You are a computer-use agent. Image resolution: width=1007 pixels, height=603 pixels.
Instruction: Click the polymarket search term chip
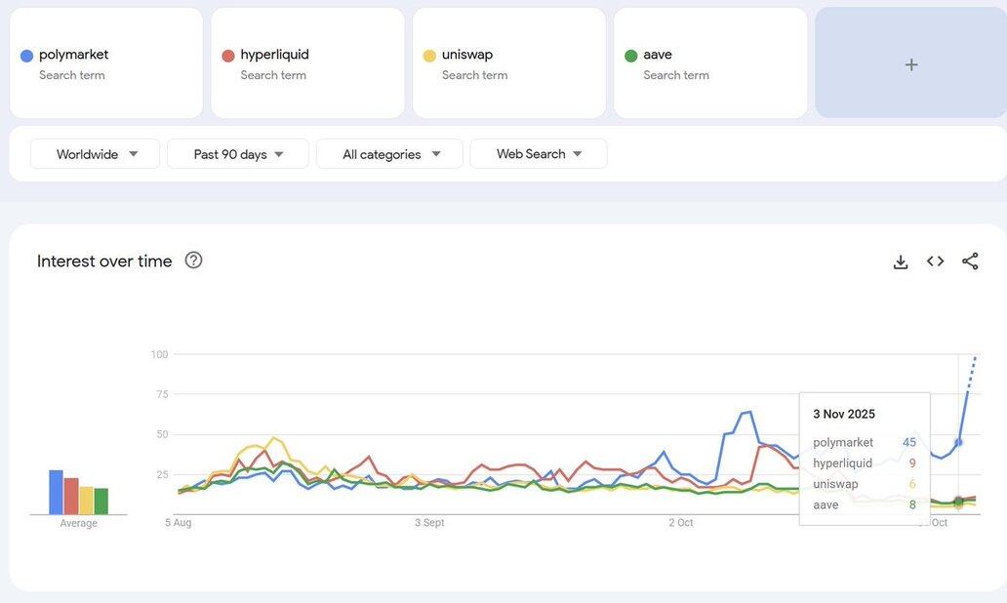click(x=106, y=63)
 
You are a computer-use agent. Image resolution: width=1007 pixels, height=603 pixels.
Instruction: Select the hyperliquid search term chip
click(x=307, y=63)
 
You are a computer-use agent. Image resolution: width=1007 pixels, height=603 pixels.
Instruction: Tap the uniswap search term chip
click(x=508, y=63)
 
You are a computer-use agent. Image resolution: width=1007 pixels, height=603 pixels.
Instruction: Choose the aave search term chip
click(x=709, y=63)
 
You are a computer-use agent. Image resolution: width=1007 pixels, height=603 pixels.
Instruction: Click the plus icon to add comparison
click(x=910, y=64)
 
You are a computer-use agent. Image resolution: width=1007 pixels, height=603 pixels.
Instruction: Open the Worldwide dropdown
click(x=96, y=154)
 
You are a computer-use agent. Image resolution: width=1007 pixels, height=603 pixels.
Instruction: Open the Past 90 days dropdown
click(x=238, y=154)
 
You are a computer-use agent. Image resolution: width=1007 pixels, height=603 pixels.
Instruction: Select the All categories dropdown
click(x=389, y=154)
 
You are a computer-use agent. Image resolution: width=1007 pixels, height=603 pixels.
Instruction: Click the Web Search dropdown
click(x=539, y=154)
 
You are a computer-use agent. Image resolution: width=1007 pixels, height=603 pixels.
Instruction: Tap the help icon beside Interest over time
click(x=193, y=261)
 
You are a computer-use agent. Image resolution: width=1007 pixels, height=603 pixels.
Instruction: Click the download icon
click(x=901, y=261)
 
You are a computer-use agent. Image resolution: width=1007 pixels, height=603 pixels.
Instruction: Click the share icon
click(x=970, y=261)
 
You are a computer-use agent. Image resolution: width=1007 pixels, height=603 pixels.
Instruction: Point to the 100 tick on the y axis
click(x=159, y=354)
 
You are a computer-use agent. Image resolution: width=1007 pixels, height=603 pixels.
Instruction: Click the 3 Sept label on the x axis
click(x=429, y=523)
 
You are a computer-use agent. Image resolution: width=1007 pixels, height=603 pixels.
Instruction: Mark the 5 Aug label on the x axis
click(x=178, y=523)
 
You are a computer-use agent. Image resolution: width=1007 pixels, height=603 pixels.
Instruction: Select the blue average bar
click(x=57, y=493)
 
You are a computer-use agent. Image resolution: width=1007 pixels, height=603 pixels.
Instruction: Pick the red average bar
click(x=71, y=497)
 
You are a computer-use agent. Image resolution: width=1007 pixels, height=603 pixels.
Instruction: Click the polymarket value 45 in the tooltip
click(x=908, y=443)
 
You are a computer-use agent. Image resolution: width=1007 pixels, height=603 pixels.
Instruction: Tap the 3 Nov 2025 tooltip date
click(x=844, y=415)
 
